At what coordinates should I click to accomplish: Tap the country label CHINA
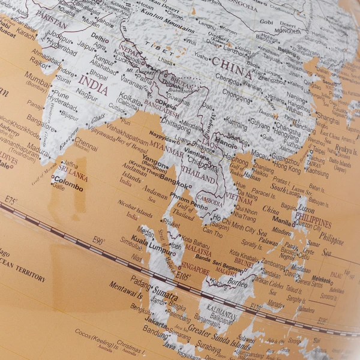pyautogui.click(x=230, y=66)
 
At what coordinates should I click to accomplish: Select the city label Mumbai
pyautogui.click(x=37, y=78)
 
